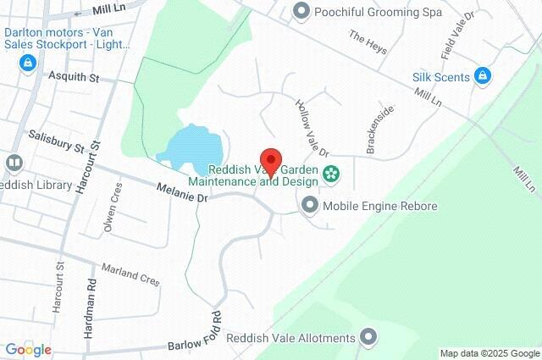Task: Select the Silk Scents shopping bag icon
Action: point(483,76)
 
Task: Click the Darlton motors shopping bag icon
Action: point(27,62)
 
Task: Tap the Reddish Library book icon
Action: point(14,162)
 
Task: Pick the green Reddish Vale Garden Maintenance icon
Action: point(331,174)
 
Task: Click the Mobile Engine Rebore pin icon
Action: point(310,205)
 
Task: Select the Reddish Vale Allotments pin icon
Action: point(368,338)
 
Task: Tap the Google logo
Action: point(28,349)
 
